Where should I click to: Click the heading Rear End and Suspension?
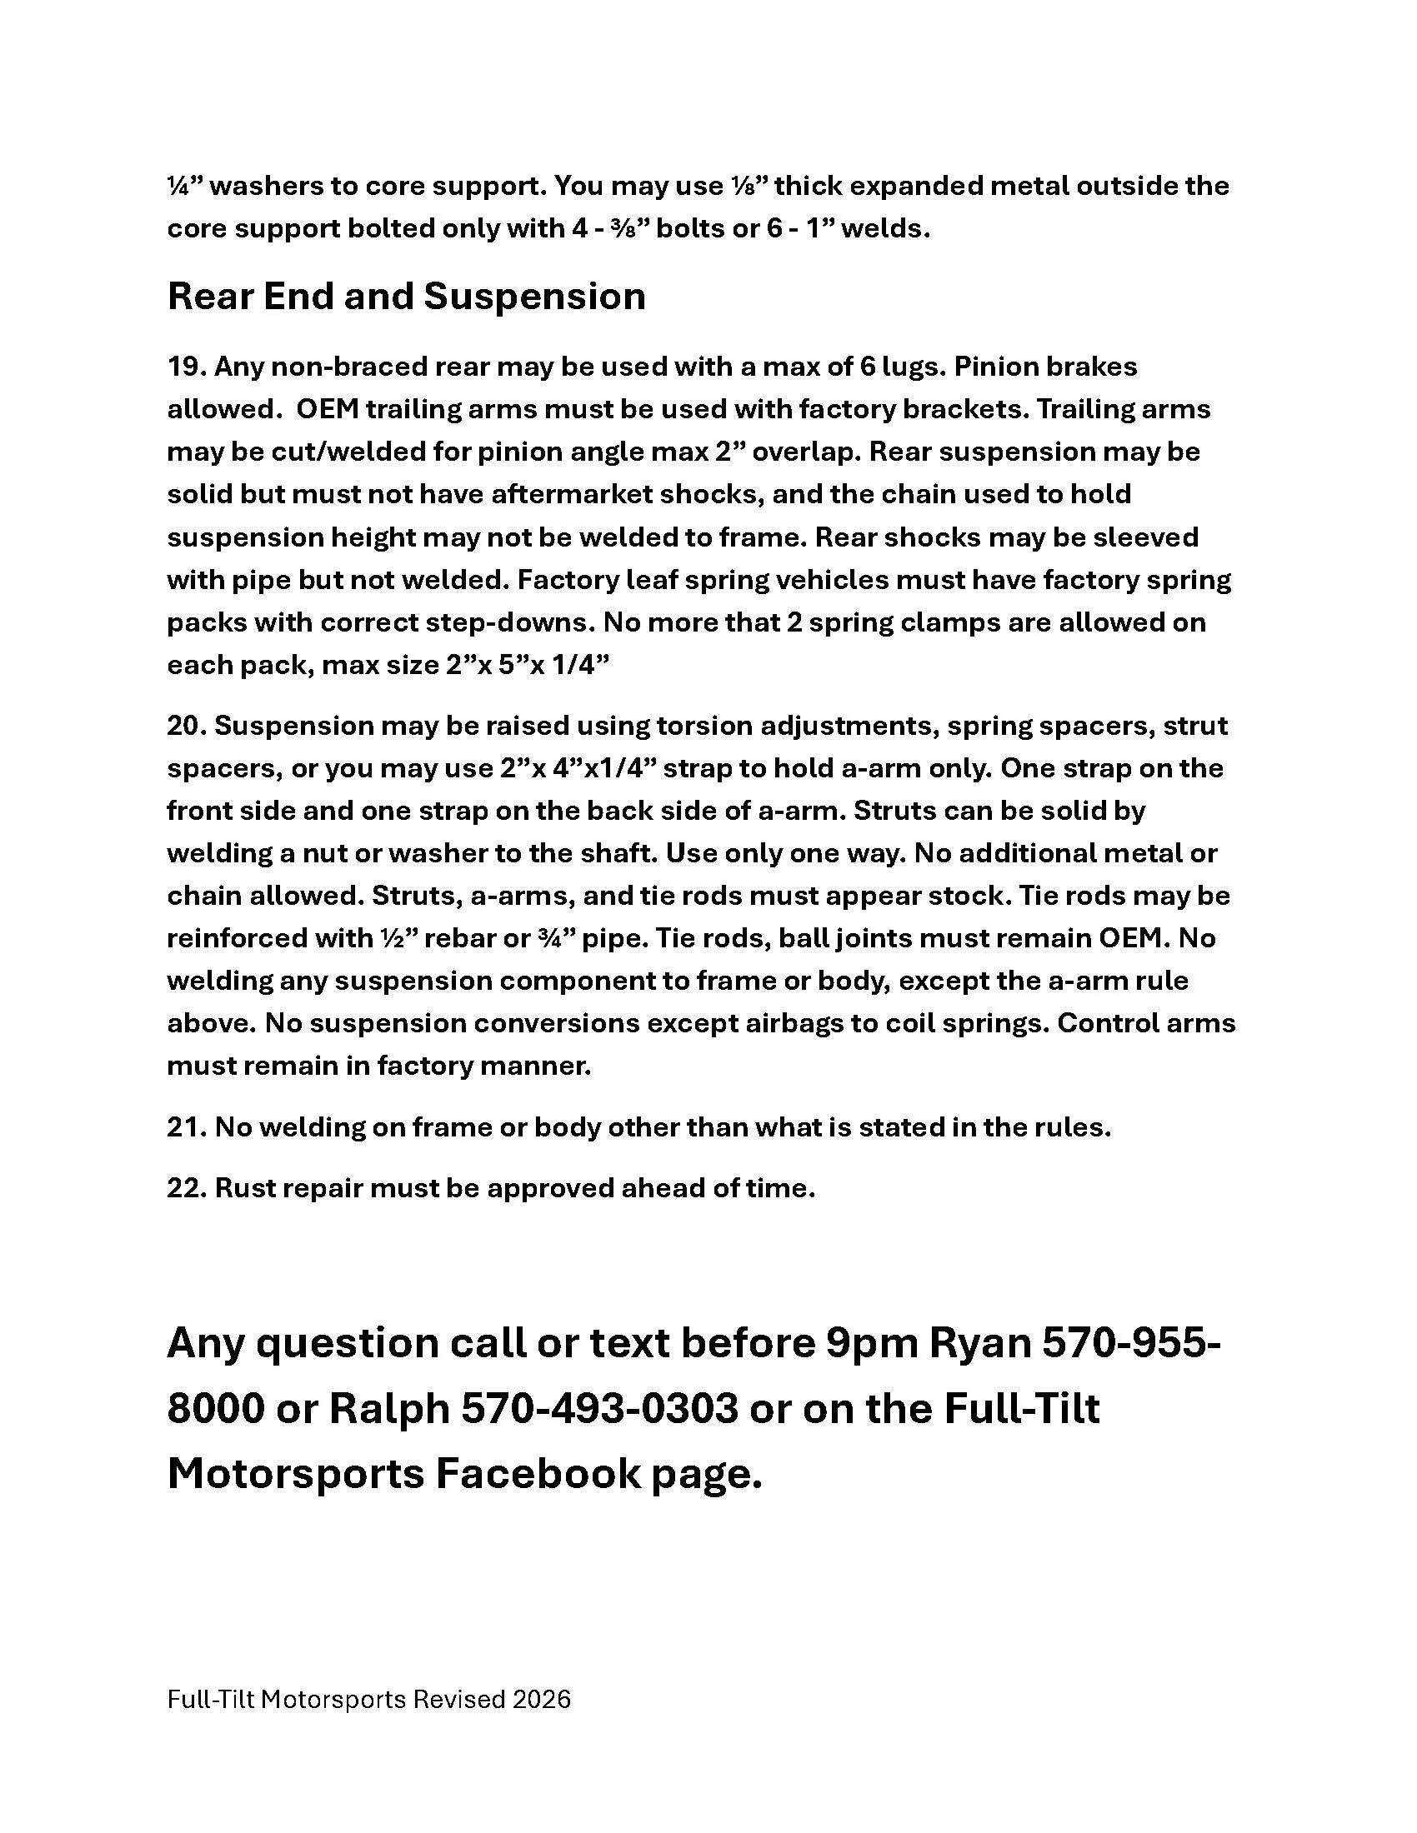click(x=406, y=297)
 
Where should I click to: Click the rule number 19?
click(x=186, y=367)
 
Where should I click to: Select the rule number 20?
click(x=186, y=725)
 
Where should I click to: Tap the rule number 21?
click(x=186, y=1127)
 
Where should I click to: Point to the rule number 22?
click(x=186, y=1188)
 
